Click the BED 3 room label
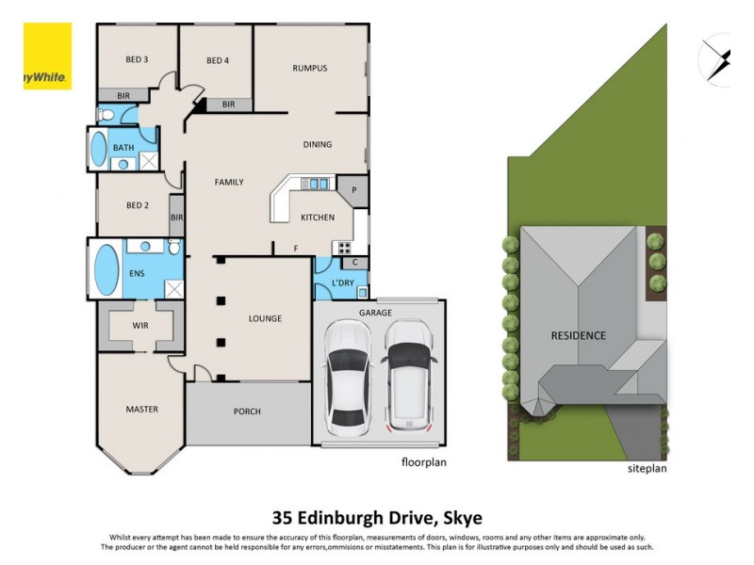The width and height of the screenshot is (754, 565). tap(137, 60)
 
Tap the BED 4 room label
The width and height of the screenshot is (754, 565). tap(218, 61)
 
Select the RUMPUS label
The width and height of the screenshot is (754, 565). tap(309, 68)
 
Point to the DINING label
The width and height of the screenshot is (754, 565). tap(317, 145)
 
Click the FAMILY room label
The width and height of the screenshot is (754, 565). tap(228, 183)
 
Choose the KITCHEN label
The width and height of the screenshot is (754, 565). tap(317, 218)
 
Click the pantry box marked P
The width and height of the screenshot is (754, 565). tap(353, 190)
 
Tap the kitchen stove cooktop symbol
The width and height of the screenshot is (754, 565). tap(344, 249)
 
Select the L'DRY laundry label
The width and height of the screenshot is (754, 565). tap(342, 283)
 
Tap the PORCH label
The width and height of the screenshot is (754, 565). tap(247, 412)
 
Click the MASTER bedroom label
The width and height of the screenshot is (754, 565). tap(141, 410)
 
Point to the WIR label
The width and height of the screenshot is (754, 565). tap(140, 326)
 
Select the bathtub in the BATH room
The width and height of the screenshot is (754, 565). tap(98, 149)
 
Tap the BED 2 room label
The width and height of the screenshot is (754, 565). tap(137, 205)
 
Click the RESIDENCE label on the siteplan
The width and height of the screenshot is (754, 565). tap(579, 335)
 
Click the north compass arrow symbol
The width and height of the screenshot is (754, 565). tap(718, 60)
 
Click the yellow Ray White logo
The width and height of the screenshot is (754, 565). tap(47, 56)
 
